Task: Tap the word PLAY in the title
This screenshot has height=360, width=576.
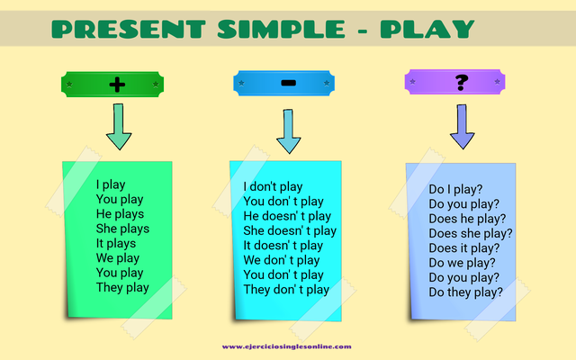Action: [427, 29]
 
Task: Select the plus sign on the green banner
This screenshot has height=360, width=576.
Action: [116, 85]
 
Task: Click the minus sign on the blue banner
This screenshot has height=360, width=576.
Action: [288, 84]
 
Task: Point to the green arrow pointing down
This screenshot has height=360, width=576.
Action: [118, 127]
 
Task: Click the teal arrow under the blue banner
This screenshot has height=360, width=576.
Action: [288, 130]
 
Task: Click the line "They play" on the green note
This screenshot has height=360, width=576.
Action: [122, 287]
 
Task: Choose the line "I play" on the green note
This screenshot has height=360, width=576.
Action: [111, 184]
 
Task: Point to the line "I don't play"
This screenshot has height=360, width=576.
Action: [274, 187]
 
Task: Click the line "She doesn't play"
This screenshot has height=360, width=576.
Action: [290, 231]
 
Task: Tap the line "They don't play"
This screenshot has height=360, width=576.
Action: [286, 290]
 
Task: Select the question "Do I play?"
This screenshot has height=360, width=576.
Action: [454, 190]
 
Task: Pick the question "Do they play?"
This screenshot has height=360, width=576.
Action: [465, 292]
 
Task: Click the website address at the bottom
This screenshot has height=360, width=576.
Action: [287, 346]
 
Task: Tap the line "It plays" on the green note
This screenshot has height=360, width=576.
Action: [115, 243]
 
